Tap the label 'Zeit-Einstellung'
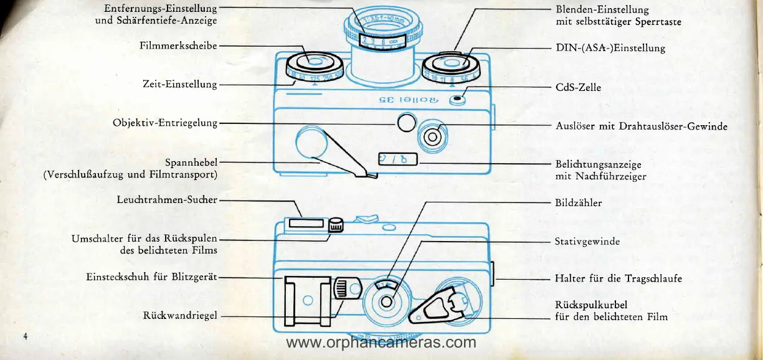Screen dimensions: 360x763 pyautogui.click(x=179, y=84)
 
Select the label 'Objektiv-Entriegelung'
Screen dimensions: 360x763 pyautogui.click(x=165, y=123)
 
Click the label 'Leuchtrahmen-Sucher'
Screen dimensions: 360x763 pyautogui.click(x=167, y=200)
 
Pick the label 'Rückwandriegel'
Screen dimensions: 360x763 pyautogui.click(x=180, y=316)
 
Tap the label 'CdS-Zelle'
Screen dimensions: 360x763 pyautogui.click(x=578, y=87)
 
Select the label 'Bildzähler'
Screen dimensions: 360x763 pyautogui.click(x=578, y=202)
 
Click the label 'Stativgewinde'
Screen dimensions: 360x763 pyautogui.click(x=587, y=241)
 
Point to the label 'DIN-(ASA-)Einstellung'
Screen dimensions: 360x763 pyautogui.click(x=610, y=48)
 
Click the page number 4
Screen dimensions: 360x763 pyautogui.click(x=26, y=336)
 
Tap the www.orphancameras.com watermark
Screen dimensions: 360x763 pyautogui.click(x=381, y=343)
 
